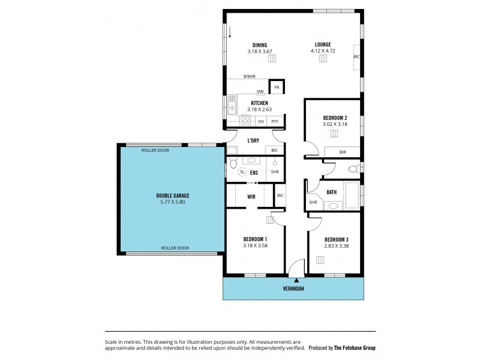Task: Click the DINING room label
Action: [259, 45]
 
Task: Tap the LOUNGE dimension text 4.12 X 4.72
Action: [322, 51]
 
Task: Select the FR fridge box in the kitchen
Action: [277, 87]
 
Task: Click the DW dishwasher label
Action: [260, 92]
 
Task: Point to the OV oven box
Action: [261, 121]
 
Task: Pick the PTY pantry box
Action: [275, 121]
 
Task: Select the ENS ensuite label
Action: [254, 172]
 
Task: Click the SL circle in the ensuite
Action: [242, 172]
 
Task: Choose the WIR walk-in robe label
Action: [251, 196]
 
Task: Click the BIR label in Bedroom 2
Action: [342, 152]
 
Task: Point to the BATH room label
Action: [331, 192]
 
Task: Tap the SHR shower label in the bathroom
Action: [313, 202]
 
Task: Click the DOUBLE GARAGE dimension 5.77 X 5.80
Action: [172, 202]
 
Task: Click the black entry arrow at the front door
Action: [296, 280]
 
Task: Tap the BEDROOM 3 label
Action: [337, 239]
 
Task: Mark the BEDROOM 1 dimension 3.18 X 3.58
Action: [255, 245]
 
